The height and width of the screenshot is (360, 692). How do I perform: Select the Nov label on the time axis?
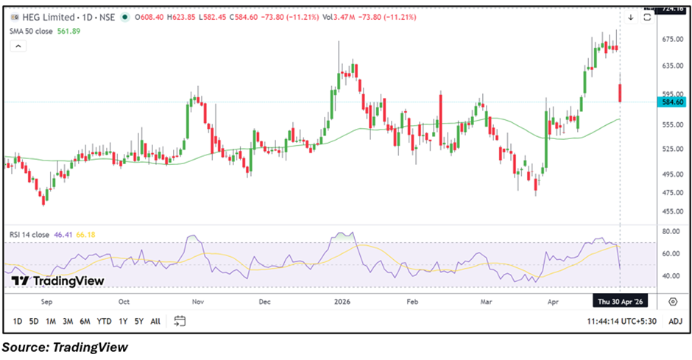(197, 301)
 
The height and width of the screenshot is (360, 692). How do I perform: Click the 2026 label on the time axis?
(342, 301)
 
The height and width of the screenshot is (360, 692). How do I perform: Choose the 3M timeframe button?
(68, 321)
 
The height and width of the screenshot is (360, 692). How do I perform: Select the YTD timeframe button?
(105, 321)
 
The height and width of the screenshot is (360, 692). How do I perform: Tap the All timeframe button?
(155, 321)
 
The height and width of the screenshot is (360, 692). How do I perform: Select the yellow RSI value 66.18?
(86, 234)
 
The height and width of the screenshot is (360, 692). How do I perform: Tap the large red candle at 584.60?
(621, 93)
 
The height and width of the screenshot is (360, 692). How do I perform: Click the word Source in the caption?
(24, 347)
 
